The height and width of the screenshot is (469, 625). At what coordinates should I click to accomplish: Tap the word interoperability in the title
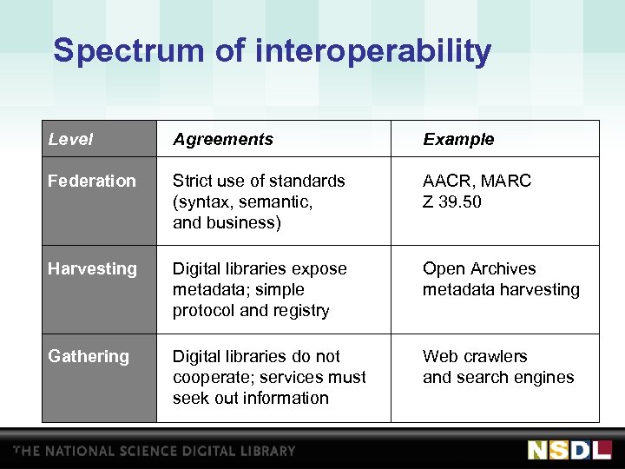pos(373,51)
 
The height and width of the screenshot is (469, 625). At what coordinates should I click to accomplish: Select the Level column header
pos(70,139)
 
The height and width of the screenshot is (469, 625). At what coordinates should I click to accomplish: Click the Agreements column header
pos(223,139)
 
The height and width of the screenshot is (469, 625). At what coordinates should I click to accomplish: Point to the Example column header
pos(458,139)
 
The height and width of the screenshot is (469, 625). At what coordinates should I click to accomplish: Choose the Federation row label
pos(92,181)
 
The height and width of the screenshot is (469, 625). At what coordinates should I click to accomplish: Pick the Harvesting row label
pos(92,268)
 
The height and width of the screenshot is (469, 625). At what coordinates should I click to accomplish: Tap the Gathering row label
pos(89,356)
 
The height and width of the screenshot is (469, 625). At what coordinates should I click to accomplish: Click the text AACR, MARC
pos(477,181)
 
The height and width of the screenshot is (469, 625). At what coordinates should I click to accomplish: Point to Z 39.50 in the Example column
pos(451,201)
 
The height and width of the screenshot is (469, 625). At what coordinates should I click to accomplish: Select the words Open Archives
pos(479,268)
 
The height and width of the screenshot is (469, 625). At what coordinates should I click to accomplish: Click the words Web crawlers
pos(475,356)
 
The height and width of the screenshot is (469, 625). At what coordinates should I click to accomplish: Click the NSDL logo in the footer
pos(569,450)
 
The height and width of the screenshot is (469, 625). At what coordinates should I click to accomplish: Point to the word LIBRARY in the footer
pos(266,451)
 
